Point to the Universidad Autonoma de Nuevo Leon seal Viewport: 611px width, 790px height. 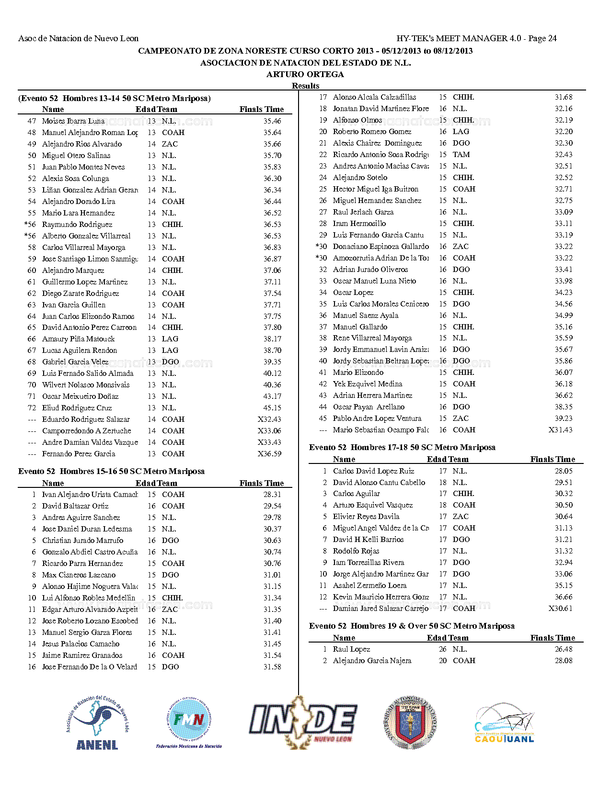pos(411,721)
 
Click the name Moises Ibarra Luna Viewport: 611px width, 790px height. pos(73,121)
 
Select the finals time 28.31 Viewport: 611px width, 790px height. pos(272,495)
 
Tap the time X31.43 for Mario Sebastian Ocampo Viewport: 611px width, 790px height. pos(560,430)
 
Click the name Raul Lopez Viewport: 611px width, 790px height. pos(351,649)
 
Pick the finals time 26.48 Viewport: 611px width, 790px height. pos(564,649)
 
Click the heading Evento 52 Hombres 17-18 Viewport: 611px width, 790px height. pos(402,448)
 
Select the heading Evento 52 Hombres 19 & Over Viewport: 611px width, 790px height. pos(412,626)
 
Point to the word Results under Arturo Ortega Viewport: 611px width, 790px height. pos(305,86)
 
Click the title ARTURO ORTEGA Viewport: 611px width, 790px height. pos(305,74)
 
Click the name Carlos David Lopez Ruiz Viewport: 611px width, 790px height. pos(373,471)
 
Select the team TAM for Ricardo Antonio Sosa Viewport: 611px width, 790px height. pos(461,155)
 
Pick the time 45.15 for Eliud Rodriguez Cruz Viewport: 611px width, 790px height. pos(272,408)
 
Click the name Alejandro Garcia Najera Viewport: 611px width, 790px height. pos(372,661)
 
